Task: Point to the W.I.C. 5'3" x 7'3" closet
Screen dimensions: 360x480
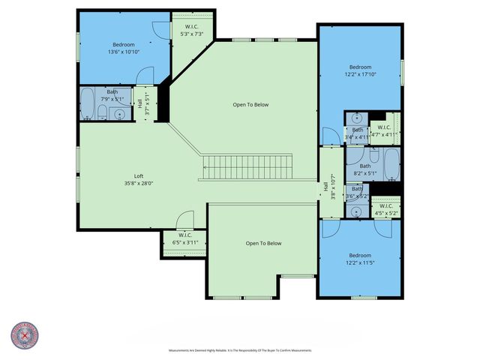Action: (191, 31)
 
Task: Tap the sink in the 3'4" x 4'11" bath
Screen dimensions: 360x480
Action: (358, 118)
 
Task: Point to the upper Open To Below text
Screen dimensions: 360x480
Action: (250, 105)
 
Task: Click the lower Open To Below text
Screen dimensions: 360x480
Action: (263, 243)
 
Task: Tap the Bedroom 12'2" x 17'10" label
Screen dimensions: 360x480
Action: (359, 70)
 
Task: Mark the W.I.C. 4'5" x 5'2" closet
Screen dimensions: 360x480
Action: (385, 209)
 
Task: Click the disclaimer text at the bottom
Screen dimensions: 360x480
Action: (239, 350)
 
